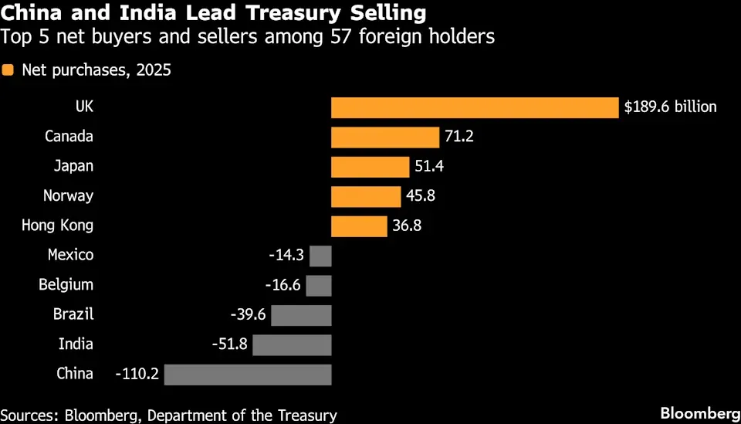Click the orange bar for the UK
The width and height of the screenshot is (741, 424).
[x=475, y=108]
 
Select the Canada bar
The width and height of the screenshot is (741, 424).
[x=385, y=137]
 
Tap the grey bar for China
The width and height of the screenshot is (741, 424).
[x=248, y=375]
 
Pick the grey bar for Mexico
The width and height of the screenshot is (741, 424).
[x=320, y=256]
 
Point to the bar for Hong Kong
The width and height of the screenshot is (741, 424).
[x=359, y=226]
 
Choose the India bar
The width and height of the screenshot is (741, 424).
[x=292, y=345]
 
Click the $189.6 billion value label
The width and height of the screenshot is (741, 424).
[x=671, y=107]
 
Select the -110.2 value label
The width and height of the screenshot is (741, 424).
[x=137, y=375]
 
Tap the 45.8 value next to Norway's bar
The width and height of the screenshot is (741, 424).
[x=421, y=195]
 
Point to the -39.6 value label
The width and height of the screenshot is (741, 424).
[x=248, y=315]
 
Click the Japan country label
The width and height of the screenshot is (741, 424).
[x=73, y=167]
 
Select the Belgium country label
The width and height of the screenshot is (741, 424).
[x=66, y=285]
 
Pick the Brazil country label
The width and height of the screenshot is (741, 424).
[x=73, y=314]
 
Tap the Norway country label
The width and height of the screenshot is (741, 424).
[x=68, y=196]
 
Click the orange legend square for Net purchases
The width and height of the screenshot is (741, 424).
[x=8, y=70]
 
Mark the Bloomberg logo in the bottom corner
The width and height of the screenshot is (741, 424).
[x=700, y=414]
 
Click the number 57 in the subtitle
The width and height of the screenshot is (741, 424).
[x=340, y=37]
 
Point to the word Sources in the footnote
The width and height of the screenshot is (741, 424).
[x=29, y=416]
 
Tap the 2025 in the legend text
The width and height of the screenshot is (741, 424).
[x=154, y=70]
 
